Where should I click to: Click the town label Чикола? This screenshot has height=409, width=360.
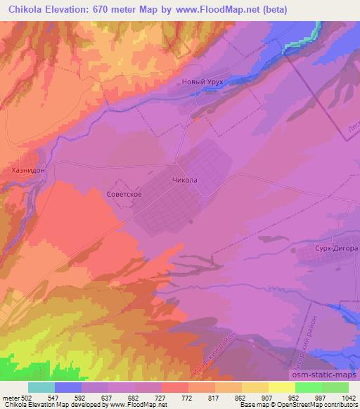[184, 180]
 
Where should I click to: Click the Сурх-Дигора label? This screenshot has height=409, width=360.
[335, 248]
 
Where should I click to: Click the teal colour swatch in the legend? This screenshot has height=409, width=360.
[41, 387]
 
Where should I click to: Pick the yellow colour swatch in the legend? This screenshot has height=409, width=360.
[282, 387]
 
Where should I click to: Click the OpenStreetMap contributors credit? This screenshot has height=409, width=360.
[320, 405]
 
